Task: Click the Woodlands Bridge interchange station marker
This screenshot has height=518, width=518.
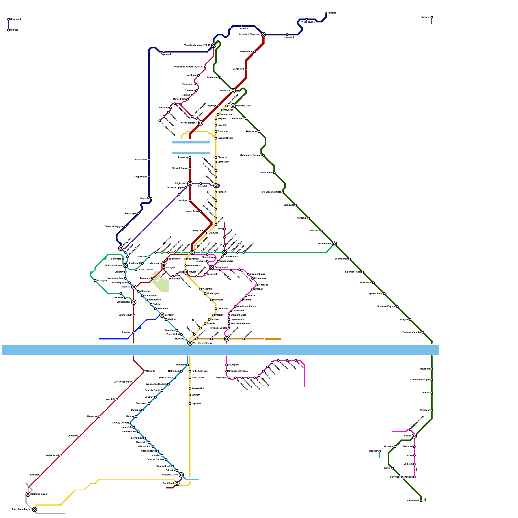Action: (190, 343)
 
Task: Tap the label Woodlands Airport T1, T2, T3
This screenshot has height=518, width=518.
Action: (189, 67)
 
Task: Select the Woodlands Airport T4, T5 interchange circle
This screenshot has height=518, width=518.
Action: (214, 45)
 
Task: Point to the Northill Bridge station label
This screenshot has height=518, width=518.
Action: (225, 138)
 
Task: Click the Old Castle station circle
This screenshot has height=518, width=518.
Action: (155, 309)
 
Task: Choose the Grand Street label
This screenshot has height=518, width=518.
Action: (151, 296)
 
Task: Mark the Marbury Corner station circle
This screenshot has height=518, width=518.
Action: (129, 423)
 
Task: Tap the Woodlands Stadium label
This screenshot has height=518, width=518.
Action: (156, 384)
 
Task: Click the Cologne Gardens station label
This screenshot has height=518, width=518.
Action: (155, 460)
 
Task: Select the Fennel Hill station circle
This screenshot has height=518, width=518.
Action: (190, 388)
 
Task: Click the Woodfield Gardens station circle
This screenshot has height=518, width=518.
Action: (229, 324)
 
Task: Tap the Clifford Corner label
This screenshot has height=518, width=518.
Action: (145, 270)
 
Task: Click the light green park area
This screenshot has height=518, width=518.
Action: (161, 282)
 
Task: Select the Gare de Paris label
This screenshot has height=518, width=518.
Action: (166, 378)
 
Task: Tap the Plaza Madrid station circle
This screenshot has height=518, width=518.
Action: (181, 334)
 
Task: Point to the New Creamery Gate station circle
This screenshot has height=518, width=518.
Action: (283, 192)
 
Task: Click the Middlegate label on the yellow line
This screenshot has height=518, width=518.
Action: (213, 294)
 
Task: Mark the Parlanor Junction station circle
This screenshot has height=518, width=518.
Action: (423, 332)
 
